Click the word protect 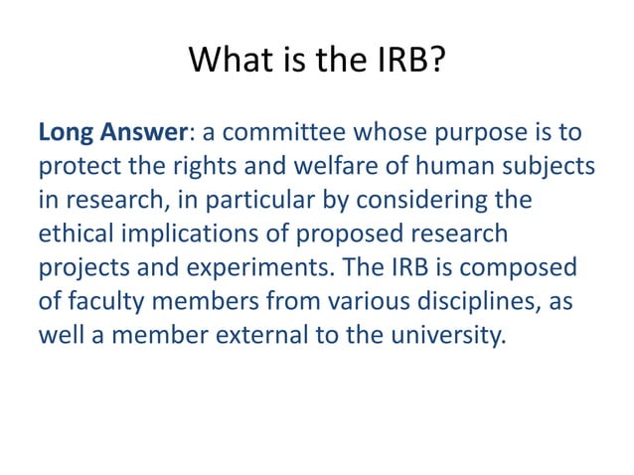77,167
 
